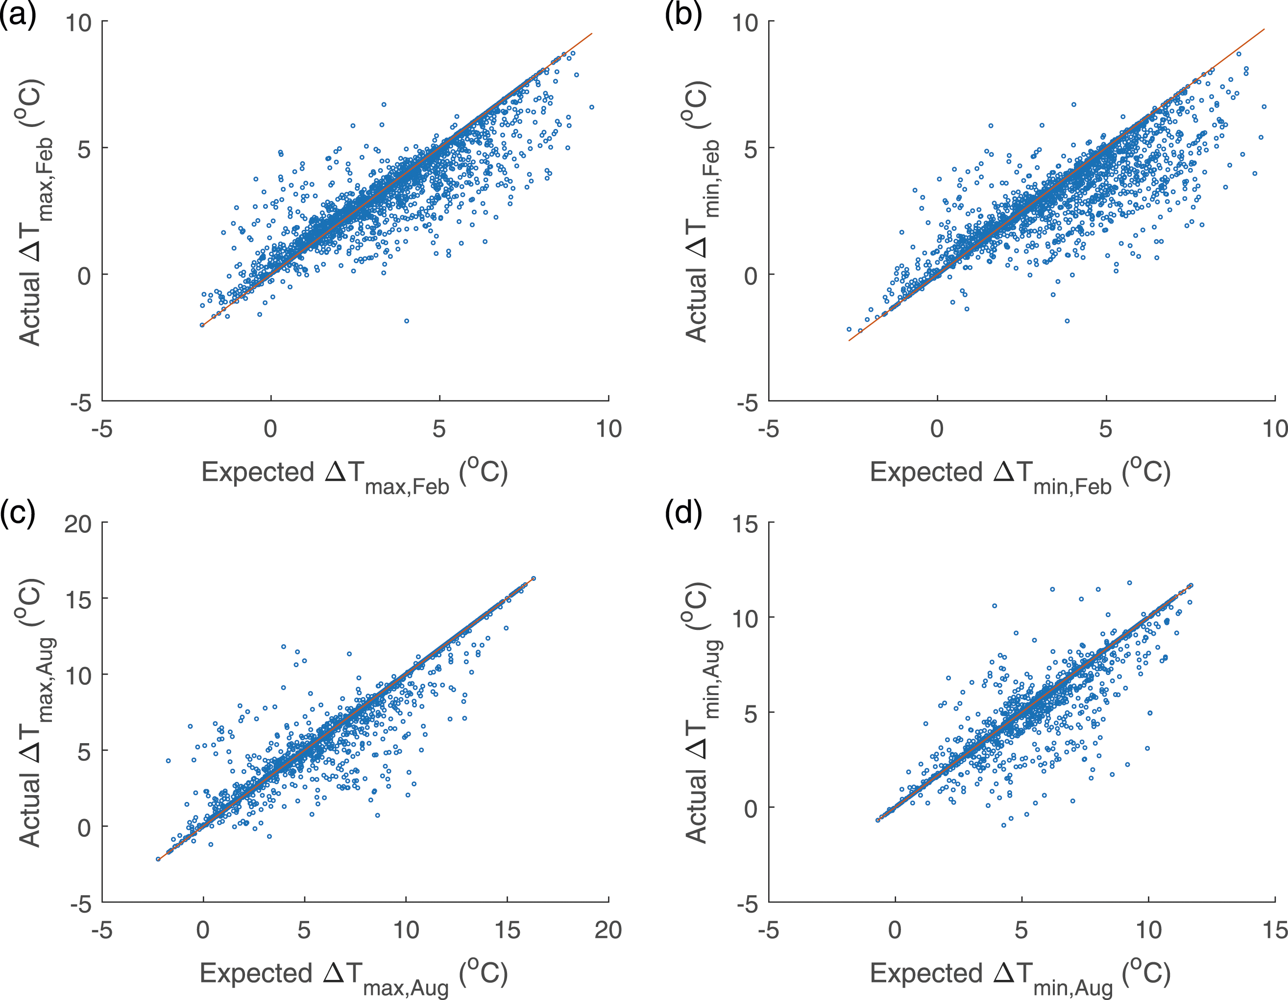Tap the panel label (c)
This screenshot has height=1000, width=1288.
pyautogui.click(x=18, y=512)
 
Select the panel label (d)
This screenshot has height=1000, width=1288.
pyautogui.click(x=683, y=512)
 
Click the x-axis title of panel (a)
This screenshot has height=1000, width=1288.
pyautogui.click(x=354, y=475)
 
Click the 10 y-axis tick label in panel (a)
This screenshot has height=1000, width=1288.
pyautogui.click(x=78, y=23)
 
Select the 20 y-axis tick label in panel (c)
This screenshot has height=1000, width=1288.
pyautogui.click(x=78, y=524)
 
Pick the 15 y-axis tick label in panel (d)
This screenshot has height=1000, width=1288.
pyautogui.click(x=745, y=524)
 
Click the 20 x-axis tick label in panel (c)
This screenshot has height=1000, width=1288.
pyautogui.click(x=608, y=930)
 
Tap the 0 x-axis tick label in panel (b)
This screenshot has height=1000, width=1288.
pyautogui.click(x=937, y=429)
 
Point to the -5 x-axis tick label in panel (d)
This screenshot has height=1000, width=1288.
pyautogui.click(x=768, y=930)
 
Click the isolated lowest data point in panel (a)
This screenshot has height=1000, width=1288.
pyautogui.click(x=406, y=321)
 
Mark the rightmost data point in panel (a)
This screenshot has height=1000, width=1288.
pyautogui.click(x=591, y=107)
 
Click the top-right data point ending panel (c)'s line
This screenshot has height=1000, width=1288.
pyautogui.click(x=533, y=578)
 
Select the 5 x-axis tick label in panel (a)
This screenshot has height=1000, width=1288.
pyautogui.click(x=439, y=429)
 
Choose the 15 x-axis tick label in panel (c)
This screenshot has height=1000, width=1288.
pyautogui.click(x=507, y=930)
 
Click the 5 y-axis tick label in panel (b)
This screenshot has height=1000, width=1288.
pyautogui.click(x=751, y=149)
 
